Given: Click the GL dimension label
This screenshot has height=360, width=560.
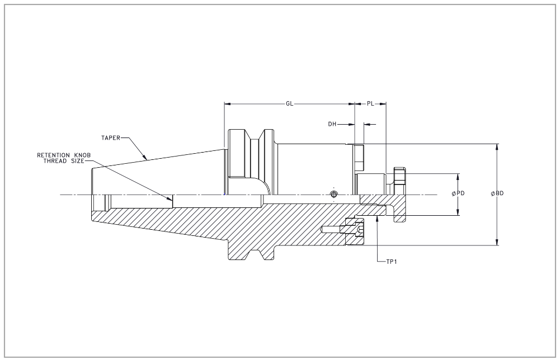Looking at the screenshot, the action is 289,104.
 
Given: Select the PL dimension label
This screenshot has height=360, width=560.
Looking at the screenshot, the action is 370,104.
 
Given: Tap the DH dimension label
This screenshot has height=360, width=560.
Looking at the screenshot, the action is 332,124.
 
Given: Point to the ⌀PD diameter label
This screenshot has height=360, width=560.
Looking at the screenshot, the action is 458,193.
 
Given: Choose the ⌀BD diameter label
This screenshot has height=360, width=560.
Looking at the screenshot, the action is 497,193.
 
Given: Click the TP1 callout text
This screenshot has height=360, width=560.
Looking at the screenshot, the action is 392,262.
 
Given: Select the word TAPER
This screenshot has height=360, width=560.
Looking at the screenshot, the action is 110,138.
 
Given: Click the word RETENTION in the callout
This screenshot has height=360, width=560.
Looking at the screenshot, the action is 53,155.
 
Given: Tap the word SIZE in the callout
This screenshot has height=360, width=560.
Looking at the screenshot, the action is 77,161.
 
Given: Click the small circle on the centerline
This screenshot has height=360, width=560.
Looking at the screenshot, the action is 333,195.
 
